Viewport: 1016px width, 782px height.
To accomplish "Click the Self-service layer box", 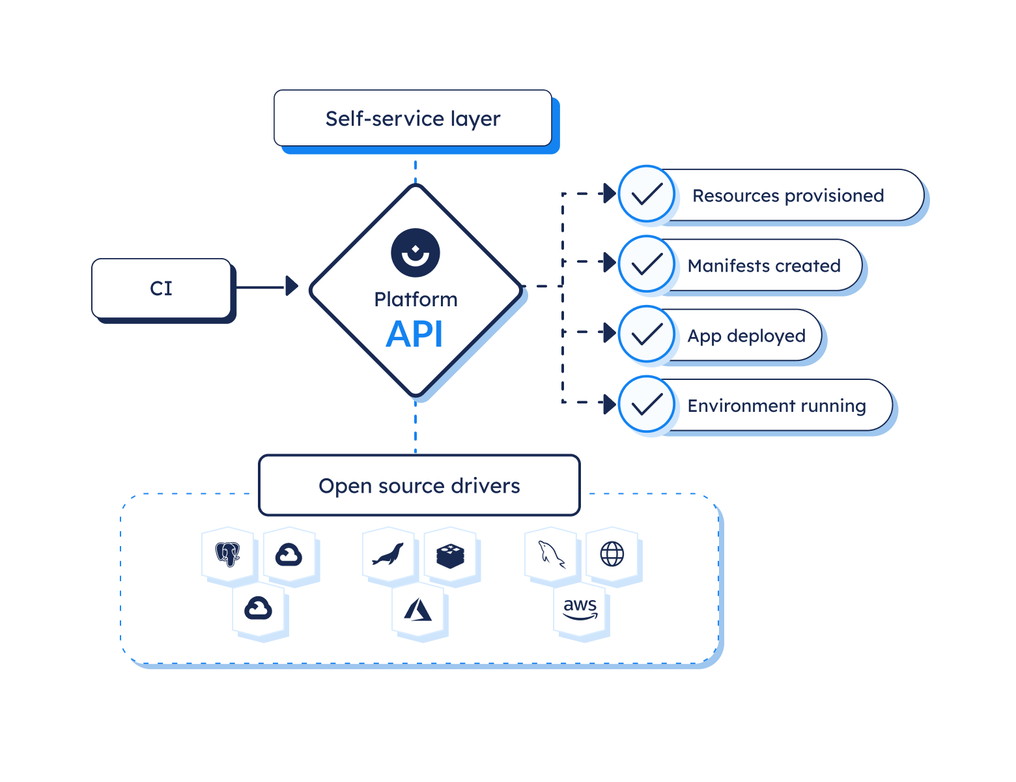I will coord(413,119).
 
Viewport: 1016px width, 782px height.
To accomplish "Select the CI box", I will coord(162,288).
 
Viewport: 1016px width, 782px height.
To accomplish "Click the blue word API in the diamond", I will coord(415,335).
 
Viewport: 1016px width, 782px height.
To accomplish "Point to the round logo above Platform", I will coord(416,253).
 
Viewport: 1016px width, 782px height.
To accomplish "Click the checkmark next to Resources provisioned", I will coord(647,194).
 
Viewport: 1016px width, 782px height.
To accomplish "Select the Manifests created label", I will coord(764,266).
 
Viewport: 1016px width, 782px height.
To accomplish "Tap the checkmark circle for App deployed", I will coord(647,334).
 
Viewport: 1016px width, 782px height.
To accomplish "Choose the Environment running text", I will coord(776,406).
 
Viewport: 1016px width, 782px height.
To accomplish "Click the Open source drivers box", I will coord(419,486).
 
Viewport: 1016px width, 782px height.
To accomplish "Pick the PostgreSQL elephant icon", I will coord(228,555).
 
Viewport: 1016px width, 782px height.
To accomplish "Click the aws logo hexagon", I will coord(580,610).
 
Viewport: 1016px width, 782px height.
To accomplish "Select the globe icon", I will coord(612,555).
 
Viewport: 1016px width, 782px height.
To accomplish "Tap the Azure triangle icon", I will coord(419,610).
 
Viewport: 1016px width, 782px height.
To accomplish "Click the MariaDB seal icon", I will coord(388,555).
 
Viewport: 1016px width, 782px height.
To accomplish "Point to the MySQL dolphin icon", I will coord(551,555).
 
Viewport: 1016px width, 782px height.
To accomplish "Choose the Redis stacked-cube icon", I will coord(450,555).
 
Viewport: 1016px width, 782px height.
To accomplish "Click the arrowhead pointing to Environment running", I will coord(610,403).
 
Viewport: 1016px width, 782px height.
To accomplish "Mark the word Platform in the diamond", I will coord(416,300).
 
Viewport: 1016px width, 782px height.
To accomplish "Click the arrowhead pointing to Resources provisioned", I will coord(610,194).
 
